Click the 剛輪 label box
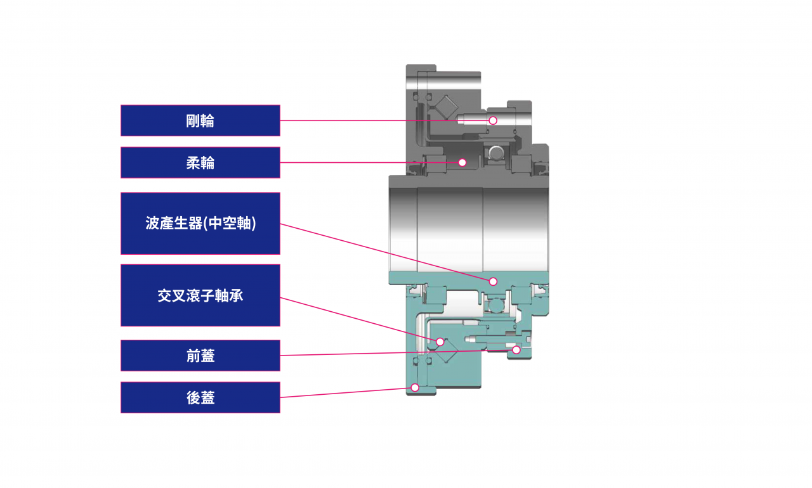point(200,120)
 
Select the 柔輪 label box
point(200,163)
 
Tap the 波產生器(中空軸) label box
point(200,224)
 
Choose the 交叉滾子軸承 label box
point(200,295)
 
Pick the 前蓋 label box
point(200,356)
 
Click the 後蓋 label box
point(200,397)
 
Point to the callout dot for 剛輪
point(493,120)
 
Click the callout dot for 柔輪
point(462,162)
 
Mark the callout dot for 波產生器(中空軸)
point(493,281)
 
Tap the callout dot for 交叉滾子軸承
point(440,342)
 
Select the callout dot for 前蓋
point(516,350)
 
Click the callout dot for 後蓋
point(414,387)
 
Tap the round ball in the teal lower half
point(497,307)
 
